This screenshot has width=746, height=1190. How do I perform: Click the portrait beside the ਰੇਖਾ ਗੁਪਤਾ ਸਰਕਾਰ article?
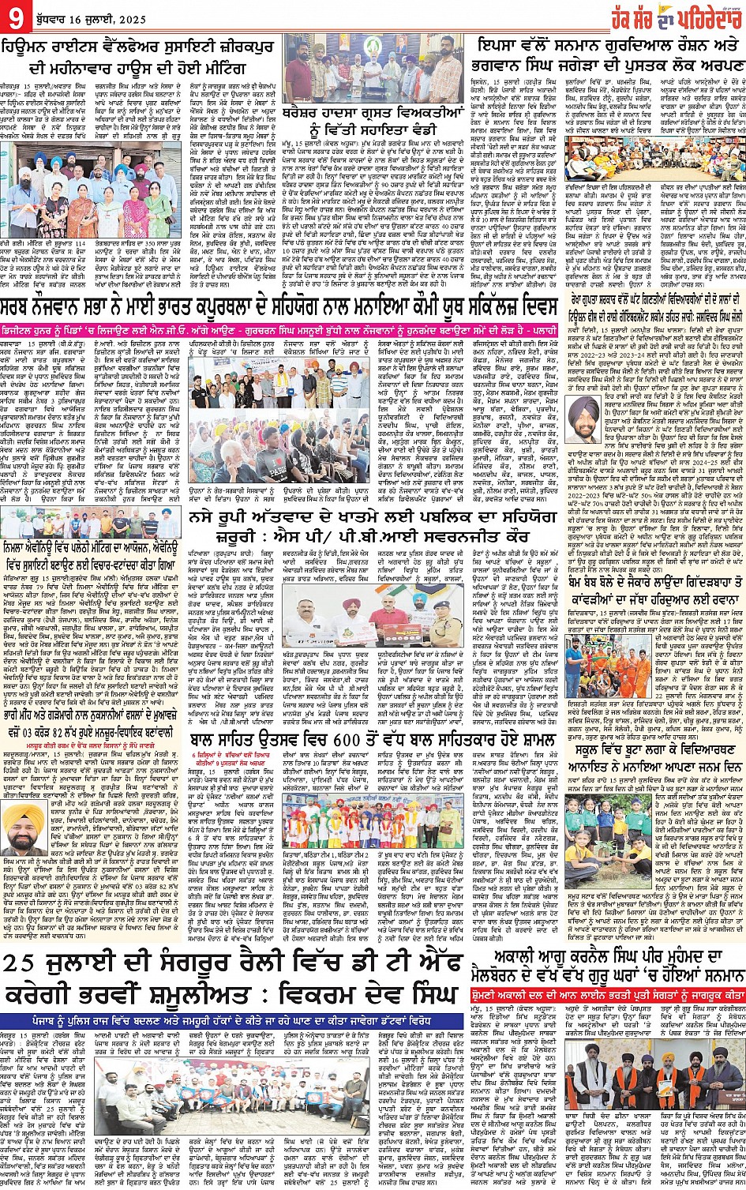(585, 411)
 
